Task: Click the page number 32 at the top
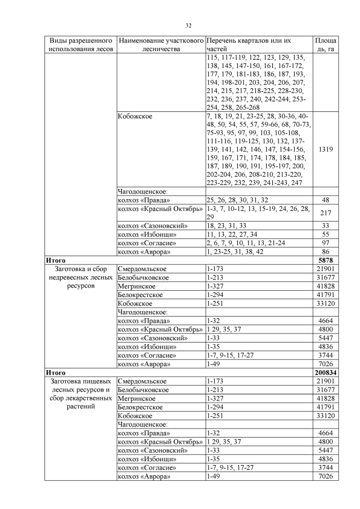[x=189, y=25]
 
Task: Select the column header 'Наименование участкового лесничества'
[x=160, y=46]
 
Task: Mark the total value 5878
[x=325, y=260]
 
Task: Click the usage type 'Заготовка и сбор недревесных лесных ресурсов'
[x=80, y=277]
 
